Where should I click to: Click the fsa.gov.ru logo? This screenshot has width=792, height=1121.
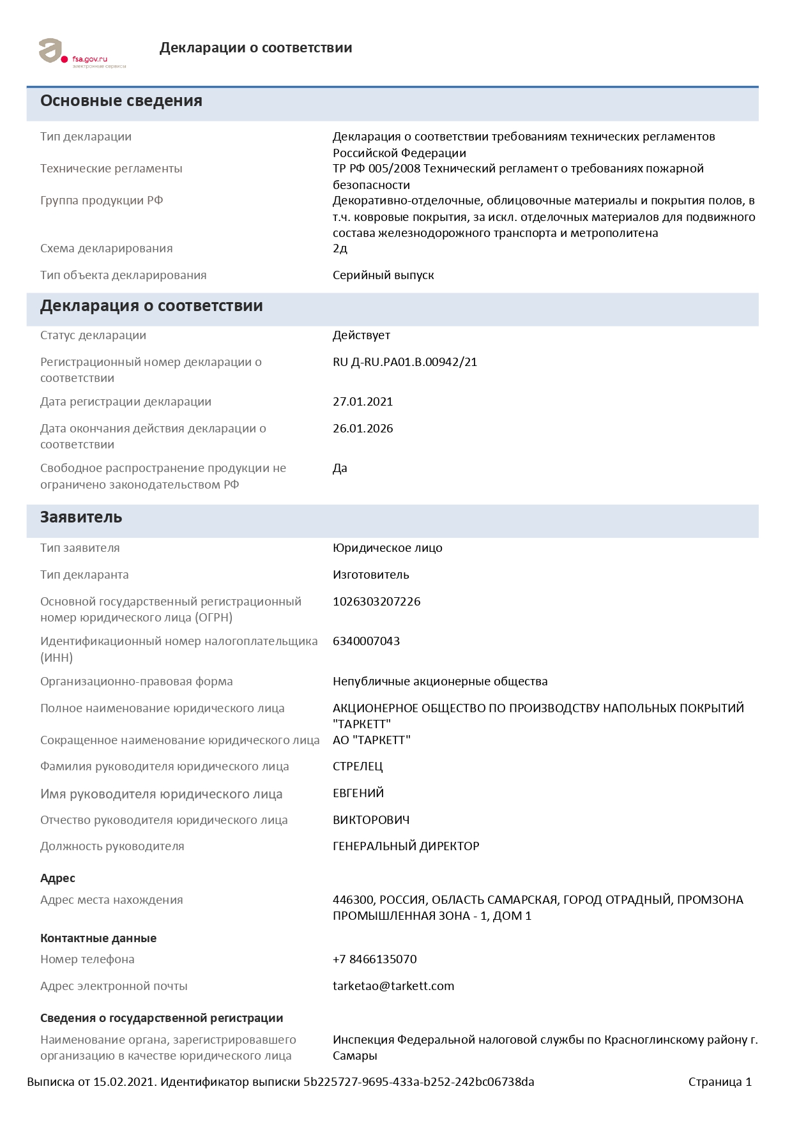[82, 53]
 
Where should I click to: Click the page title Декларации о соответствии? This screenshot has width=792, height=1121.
[255, 48]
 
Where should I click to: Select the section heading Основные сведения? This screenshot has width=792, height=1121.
[121, 101]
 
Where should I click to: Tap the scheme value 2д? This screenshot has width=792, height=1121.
[340, 248]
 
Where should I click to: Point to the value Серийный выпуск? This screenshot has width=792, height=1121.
[383, 275]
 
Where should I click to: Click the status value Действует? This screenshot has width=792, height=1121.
[362, 335]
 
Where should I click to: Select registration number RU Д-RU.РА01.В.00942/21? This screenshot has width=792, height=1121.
[405, 362]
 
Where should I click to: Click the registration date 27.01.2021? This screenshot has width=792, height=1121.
[363, 402]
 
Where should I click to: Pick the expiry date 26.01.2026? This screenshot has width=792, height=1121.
[363, 429]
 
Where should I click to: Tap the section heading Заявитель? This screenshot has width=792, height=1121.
[81, 517]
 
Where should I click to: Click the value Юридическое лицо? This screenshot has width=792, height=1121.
[388, 548]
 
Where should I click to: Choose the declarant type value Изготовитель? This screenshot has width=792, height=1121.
[371, 575]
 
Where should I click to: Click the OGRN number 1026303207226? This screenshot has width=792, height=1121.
[377, 602]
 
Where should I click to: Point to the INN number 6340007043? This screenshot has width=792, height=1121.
[367, 641]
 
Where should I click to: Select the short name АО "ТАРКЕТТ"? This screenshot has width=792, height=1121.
[372, 740]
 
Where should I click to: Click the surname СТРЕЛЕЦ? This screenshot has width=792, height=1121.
[358, 766]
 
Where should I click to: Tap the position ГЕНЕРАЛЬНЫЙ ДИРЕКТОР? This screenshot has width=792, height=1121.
[406, 846]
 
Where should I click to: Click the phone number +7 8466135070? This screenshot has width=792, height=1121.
[375, 959]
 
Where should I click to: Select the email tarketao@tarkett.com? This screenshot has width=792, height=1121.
[393, 986]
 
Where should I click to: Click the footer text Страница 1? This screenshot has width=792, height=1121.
[720, 1082]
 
